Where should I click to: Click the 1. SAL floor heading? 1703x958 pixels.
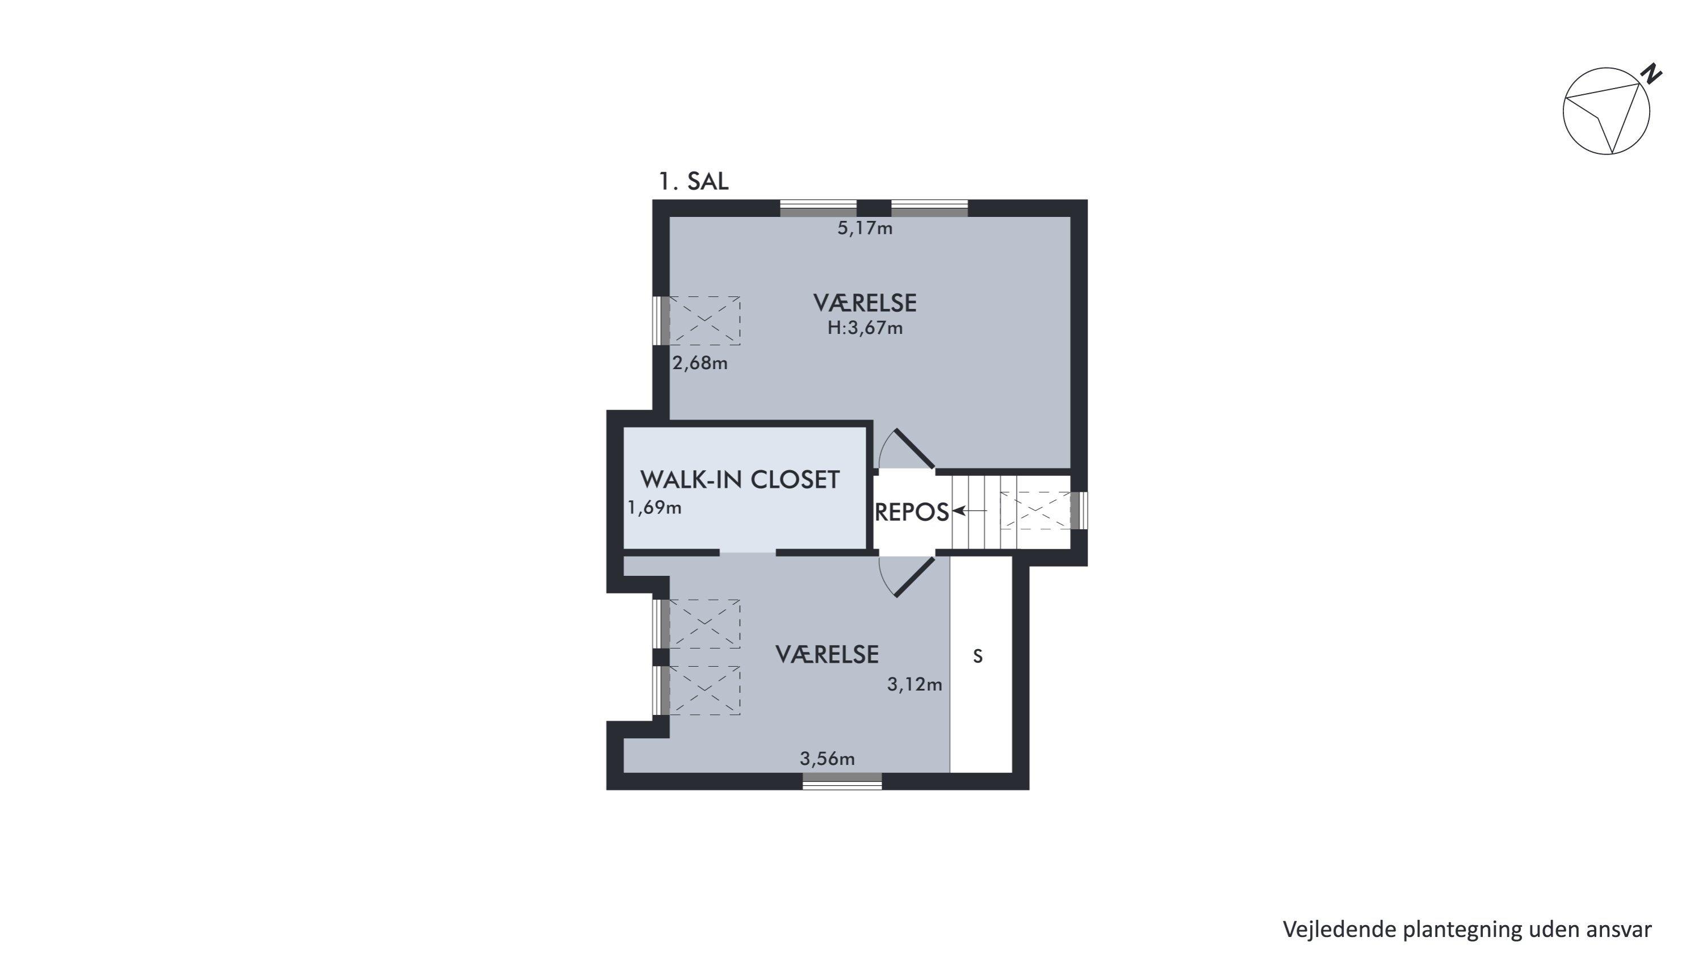(694, 181)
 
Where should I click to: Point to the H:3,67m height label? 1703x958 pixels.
(865, 328)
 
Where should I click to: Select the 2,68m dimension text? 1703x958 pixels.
(700, 363)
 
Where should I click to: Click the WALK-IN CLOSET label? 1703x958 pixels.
(740, 479)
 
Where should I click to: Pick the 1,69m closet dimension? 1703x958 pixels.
(655, 508)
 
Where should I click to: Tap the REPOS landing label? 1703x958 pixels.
(912, 512)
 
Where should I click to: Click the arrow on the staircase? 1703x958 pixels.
(970, 511)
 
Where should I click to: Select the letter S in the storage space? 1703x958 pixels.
(978, 656)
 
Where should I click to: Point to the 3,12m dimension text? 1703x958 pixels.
(915, 684)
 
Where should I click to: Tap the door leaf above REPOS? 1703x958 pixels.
(915, 449)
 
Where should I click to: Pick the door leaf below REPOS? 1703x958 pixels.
(915, 576)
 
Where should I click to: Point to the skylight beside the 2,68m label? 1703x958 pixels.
(704, 321)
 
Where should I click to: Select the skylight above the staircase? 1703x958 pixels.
(1035, 511)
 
